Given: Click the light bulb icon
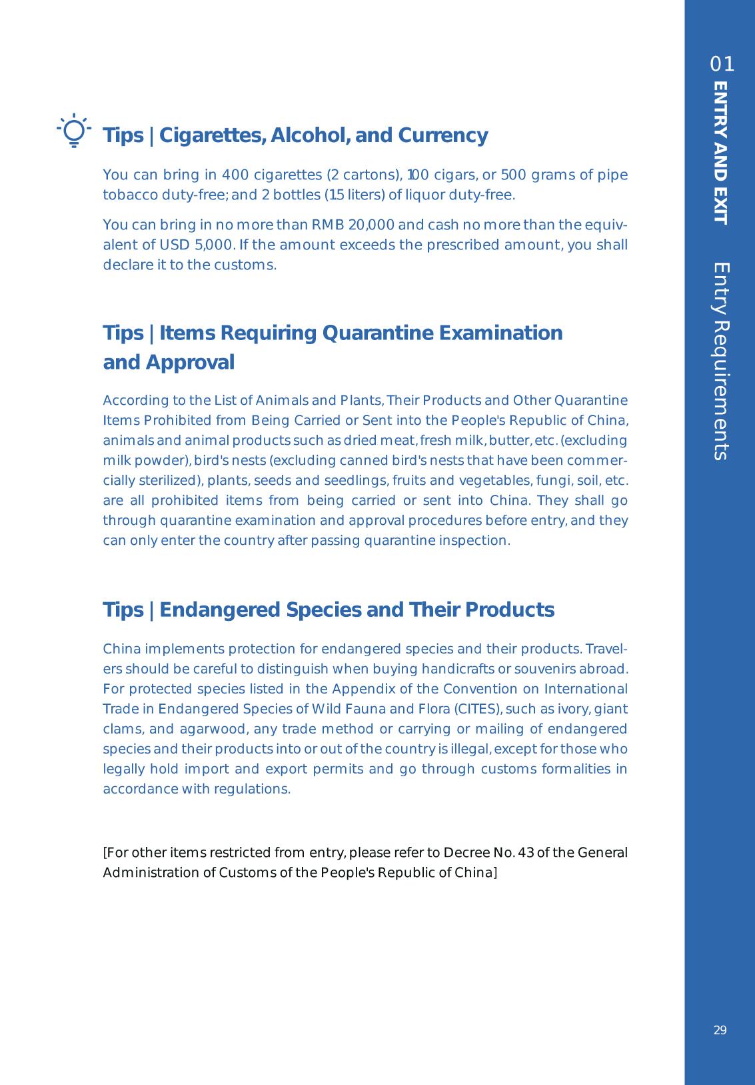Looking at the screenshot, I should coord(73,130).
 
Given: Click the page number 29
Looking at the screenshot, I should coord(720,1030).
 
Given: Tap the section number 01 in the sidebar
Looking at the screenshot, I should coord(722,65).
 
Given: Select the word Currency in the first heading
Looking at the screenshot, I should coord(443,135).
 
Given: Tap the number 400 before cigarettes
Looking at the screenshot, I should coord(235,175).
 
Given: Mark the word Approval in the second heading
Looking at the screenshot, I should coord(189,363).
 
